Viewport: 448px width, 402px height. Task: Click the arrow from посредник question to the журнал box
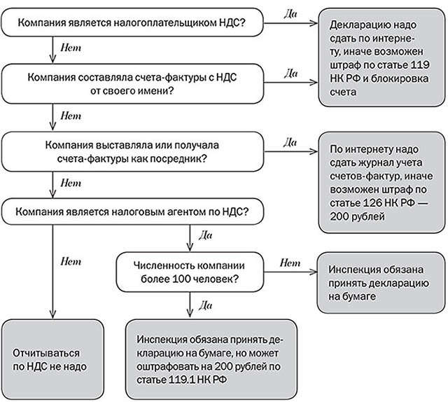[x=288, y=151]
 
